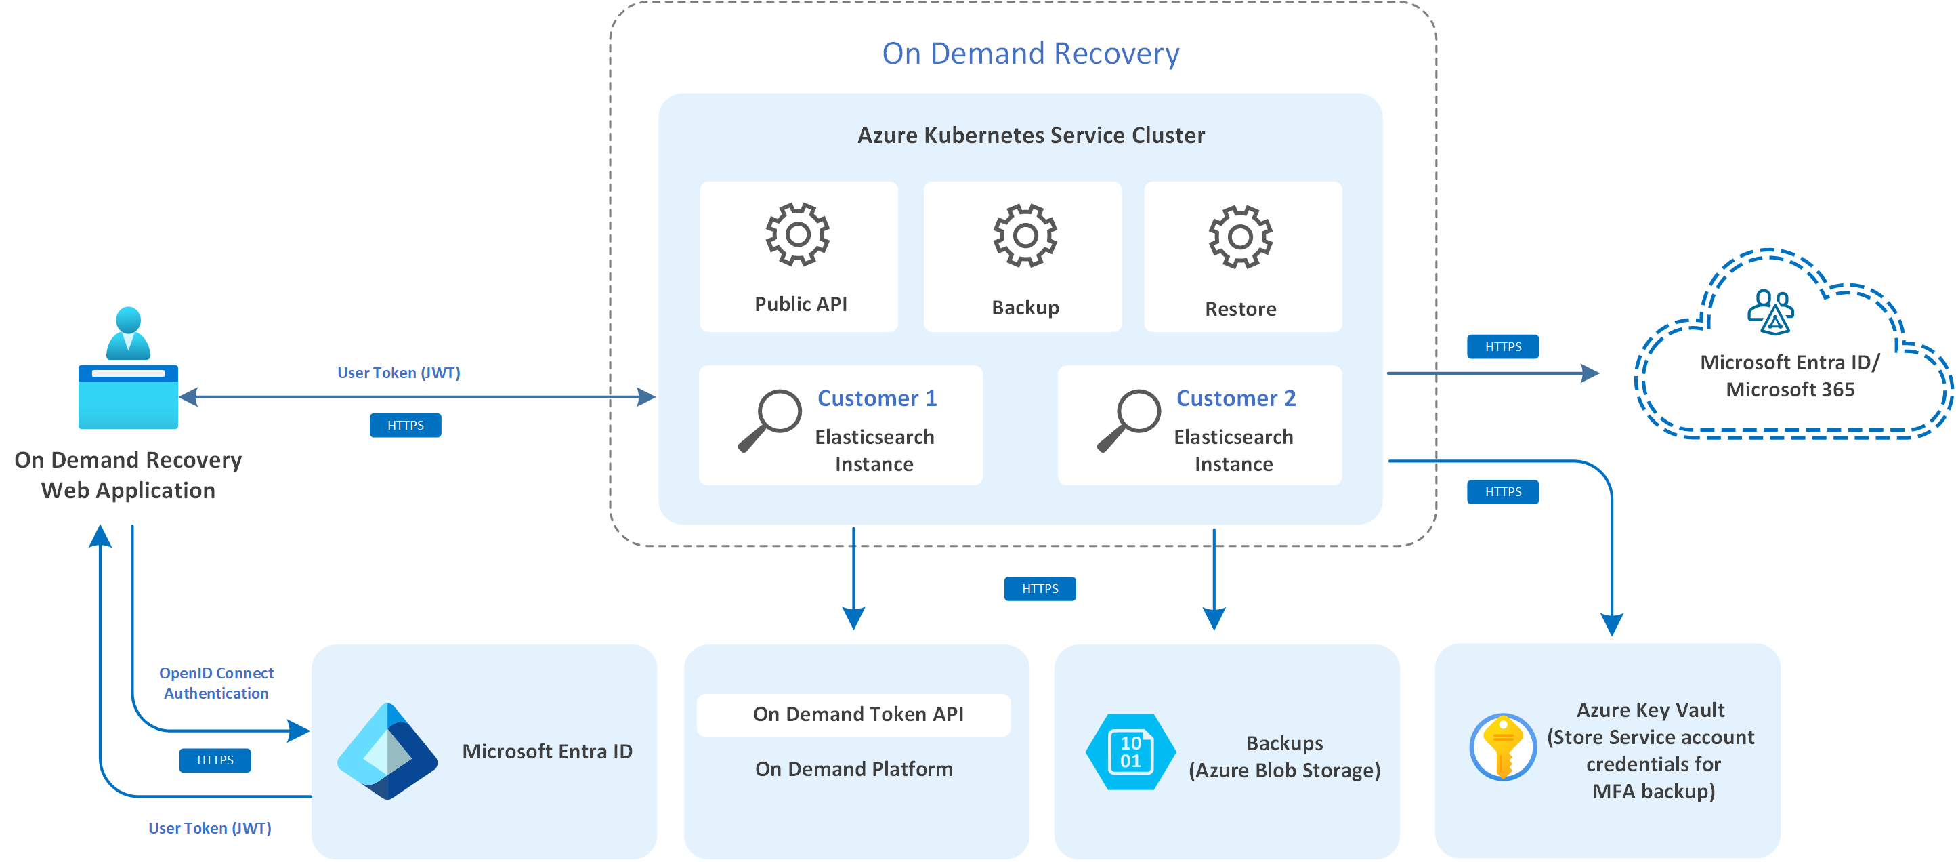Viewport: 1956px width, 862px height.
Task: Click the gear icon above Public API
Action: tap(797, 234)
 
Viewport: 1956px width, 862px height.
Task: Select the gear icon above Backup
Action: tap(1025, 235)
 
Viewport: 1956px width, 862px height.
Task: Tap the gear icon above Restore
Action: tap(1240, 237)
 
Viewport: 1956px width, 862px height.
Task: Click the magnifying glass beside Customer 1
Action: tap(770, 420)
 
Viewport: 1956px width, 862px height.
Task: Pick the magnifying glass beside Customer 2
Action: tap(1129, 420)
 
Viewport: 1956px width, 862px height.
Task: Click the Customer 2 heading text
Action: tap(1235, 398)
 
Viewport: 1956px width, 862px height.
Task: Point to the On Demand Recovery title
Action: tap(1030, 53)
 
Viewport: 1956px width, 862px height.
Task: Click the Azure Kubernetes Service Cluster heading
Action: tap(1030, 135)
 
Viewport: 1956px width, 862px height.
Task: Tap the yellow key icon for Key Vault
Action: tap(1503, 747)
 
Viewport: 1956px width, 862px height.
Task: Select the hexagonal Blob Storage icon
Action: tap(1130, 751)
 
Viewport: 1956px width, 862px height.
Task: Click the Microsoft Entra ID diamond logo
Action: tap(387, 751)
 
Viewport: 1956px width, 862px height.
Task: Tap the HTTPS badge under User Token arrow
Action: tap(406, 426)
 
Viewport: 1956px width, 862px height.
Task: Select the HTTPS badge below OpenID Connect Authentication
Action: tap(215, 760)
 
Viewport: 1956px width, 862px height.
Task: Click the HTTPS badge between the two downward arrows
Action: tap(1040, 589)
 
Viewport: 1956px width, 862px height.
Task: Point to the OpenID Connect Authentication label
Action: tap(217, 683)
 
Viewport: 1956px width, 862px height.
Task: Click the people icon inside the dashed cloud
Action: tap(1770, 311)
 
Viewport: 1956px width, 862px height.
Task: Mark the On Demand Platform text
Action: tap(853, 769)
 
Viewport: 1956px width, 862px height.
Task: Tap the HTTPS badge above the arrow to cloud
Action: tap(1503, 346)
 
